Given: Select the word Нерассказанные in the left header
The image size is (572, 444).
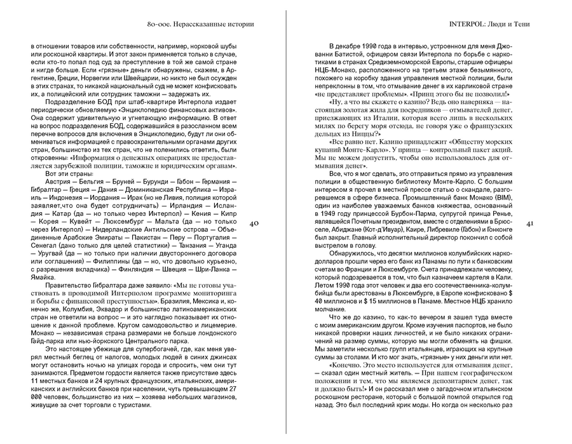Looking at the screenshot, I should tap(186, 25).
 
